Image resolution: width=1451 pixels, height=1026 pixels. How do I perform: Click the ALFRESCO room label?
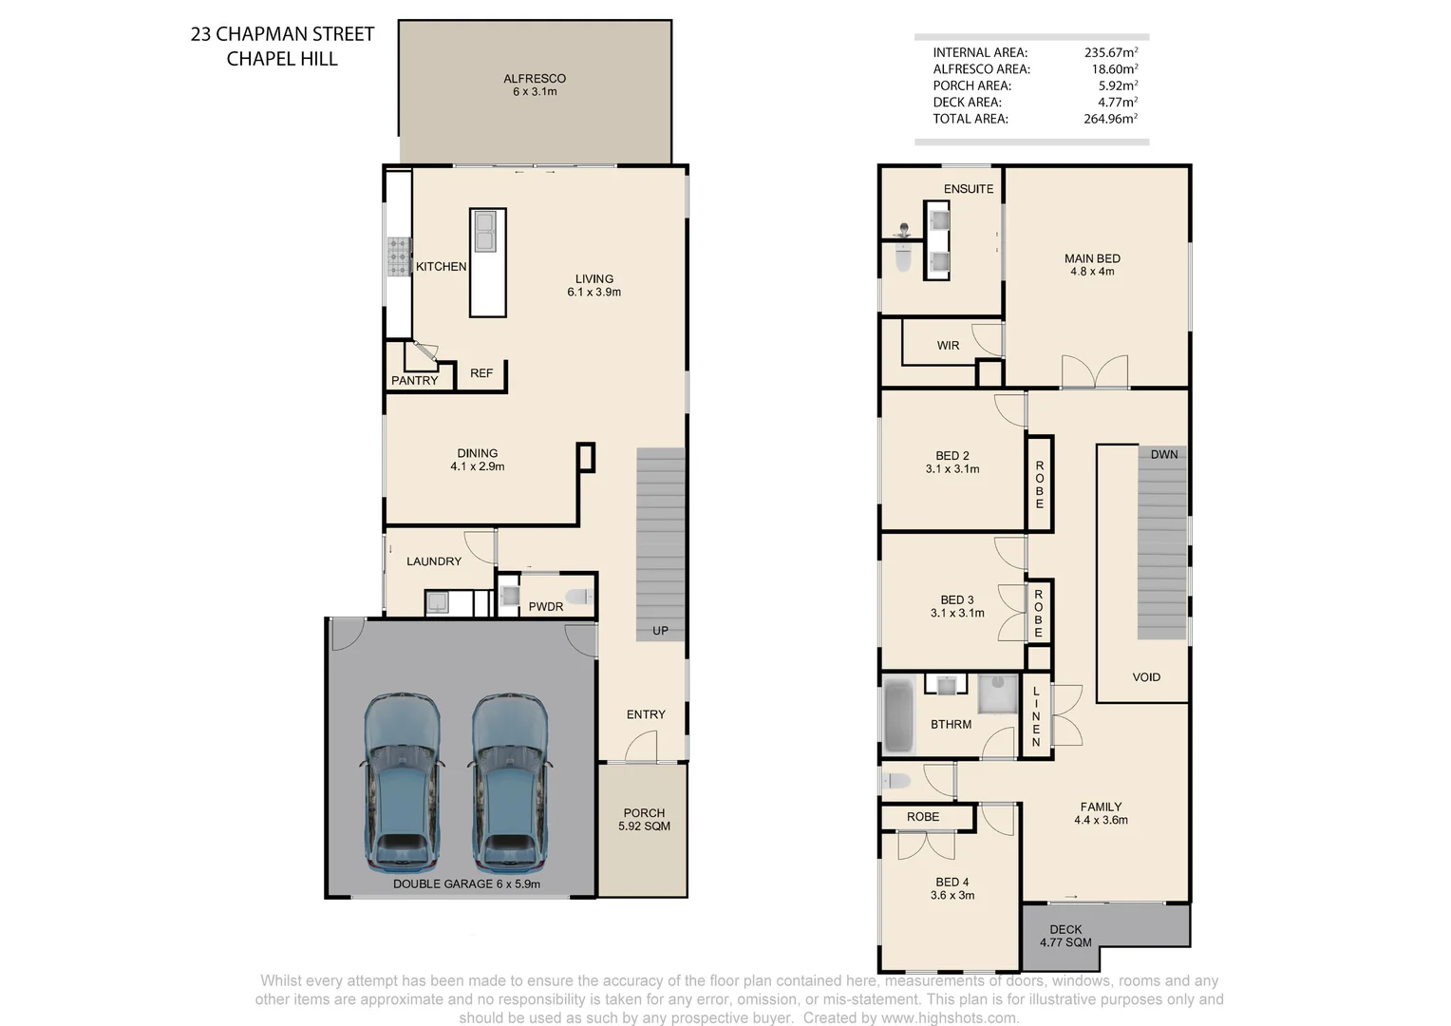pyautogui.click(x=535, y=79)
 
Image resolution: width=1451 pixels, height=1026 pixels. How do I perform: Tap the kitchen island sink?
pyautogui.click(x=485, y=232)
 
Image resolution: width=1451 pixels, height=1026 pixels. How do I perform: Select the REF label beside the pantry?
pyautogui.click(x=481, y=373)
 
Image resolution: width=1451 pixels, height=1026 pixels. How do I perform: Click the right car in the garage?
pyautogui.click(x=510, y=783)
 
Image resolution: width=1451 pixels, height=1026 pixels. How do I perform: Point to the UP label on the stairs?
pyautogui.click(x=660, y=631)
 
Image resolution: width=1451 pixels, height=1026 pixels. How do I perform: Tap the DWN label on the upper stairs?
pyautogui.click(x=1164, y=455)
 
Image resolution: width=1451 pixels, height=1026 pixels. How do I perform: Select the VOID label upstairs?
pyautogui.click(x=1146, y=677)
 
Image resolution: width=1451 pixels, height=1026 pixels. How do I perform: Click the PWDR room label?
pyautogui.click(x=546, y=607)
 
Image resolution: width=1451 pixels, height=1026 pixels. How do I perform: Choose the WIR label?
pyautogui.click(x=948, y=346)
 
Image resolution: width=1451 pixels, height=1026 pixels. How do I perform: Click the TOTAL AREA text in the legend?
pyautogui.click(x=970, y=119)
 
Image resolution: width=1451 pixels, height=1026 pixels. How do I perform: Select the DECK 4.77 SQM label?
pyautogui.click(x=1065, y=936)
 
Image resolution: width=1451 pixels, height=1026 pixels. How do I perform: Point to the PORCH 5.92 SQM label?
pyautogui.click(x=644, y=820)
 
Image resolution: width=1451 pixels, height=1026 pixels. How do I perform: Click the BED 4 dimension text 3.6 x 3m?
pyautogui.click(x=952, y=896)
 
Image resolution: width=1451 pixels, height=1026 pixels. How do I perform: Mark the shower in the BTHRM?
pyautogui.click(x=997, y=693)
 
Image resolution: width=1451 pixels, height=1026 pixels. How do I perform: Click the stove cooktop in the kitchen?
pyautogui.click(x=397, y=256)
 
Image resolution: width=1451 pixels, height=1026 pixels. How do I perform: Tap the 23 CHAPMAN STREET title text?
pyautogui.click(x=282, y=34)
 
